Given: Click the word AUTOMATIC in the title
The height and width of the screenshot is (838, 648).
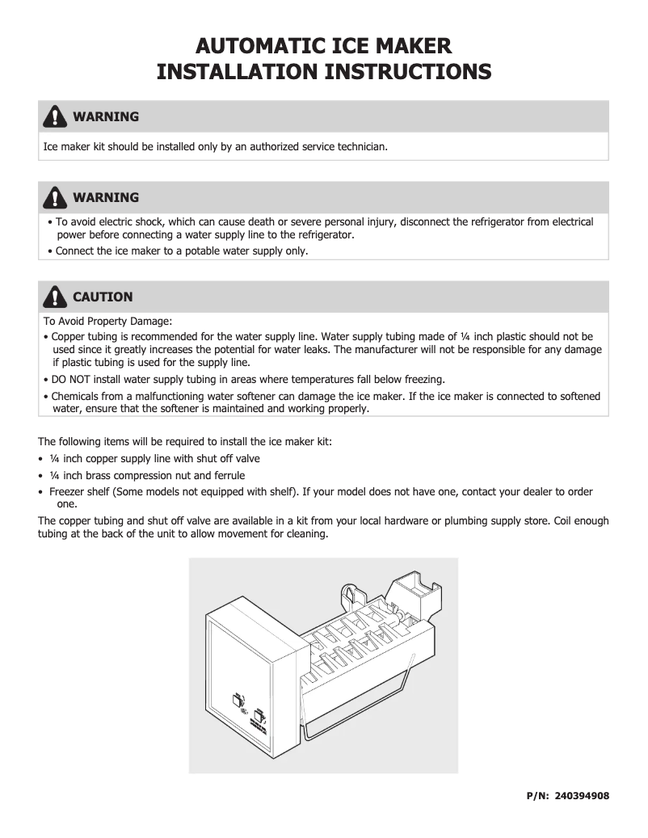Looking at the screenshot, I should pos(256,45).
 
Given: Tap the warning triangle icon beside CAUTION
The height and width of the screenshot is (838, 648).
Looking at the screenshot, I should pos(54,297).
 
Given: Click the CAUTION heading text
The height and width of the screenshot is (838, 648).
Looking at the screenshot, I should pos(103,297).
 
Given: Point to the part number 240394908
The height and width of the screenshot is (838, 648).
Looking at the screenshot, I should pos(582,796).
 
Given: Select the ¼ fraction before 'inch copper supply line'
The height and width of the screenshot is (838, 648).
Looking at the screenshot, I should pos(54,458).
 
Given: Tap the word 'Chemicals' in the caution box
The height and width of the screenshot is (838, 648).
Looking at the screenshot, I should pos(77,396).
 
